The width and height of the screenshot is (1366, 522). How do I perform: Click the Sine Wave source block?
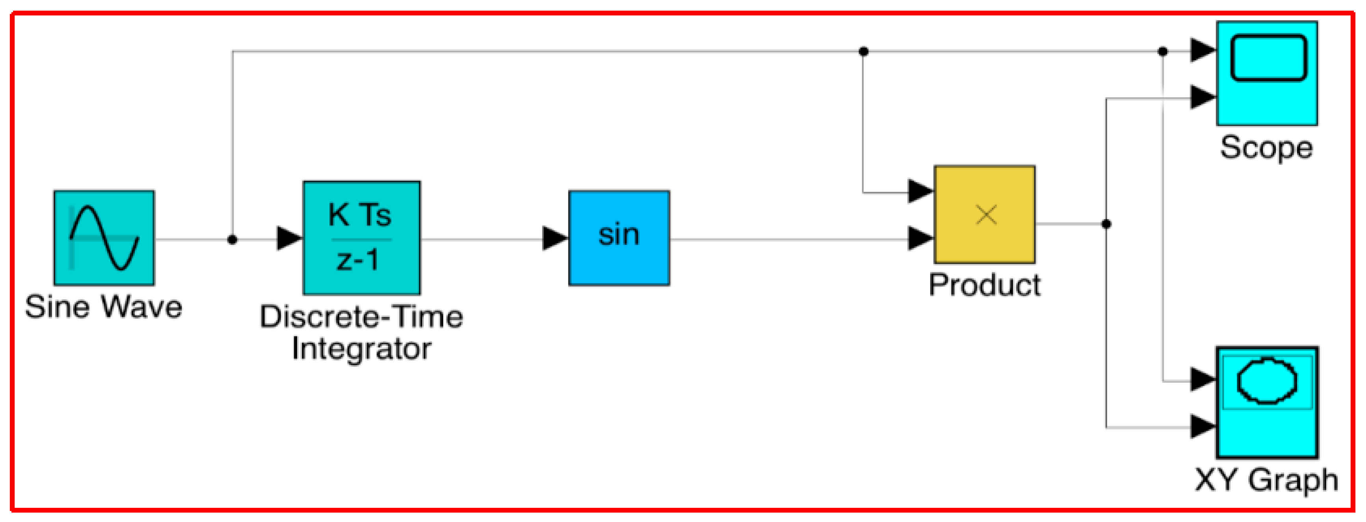104,238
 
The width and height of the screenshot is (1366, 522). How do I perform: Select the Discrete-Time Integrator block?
362,238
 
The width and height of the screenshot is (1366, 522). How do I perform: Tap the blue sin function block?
619,238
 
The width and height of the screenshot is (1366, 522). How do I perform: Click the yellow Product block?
984,214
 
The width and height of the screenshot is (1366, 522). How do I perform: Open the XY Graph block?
1267,402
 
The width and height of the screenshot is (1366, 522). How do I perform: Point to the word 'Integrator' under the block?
362,349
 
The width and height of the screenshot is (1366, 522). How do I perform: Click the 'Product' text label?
984,285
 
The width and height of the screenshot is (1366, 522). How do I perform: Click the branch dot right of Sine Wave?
232,240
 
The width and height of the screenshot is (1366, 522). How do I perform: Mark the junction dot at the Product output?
1106,224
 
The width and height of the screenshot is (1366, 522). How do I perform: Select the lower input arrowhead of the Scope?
1202,97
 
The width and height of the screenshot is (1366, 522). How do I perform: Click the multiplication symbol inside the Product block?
986,215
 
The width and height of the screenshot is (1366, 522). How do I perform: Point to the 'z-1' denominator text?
358,260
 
